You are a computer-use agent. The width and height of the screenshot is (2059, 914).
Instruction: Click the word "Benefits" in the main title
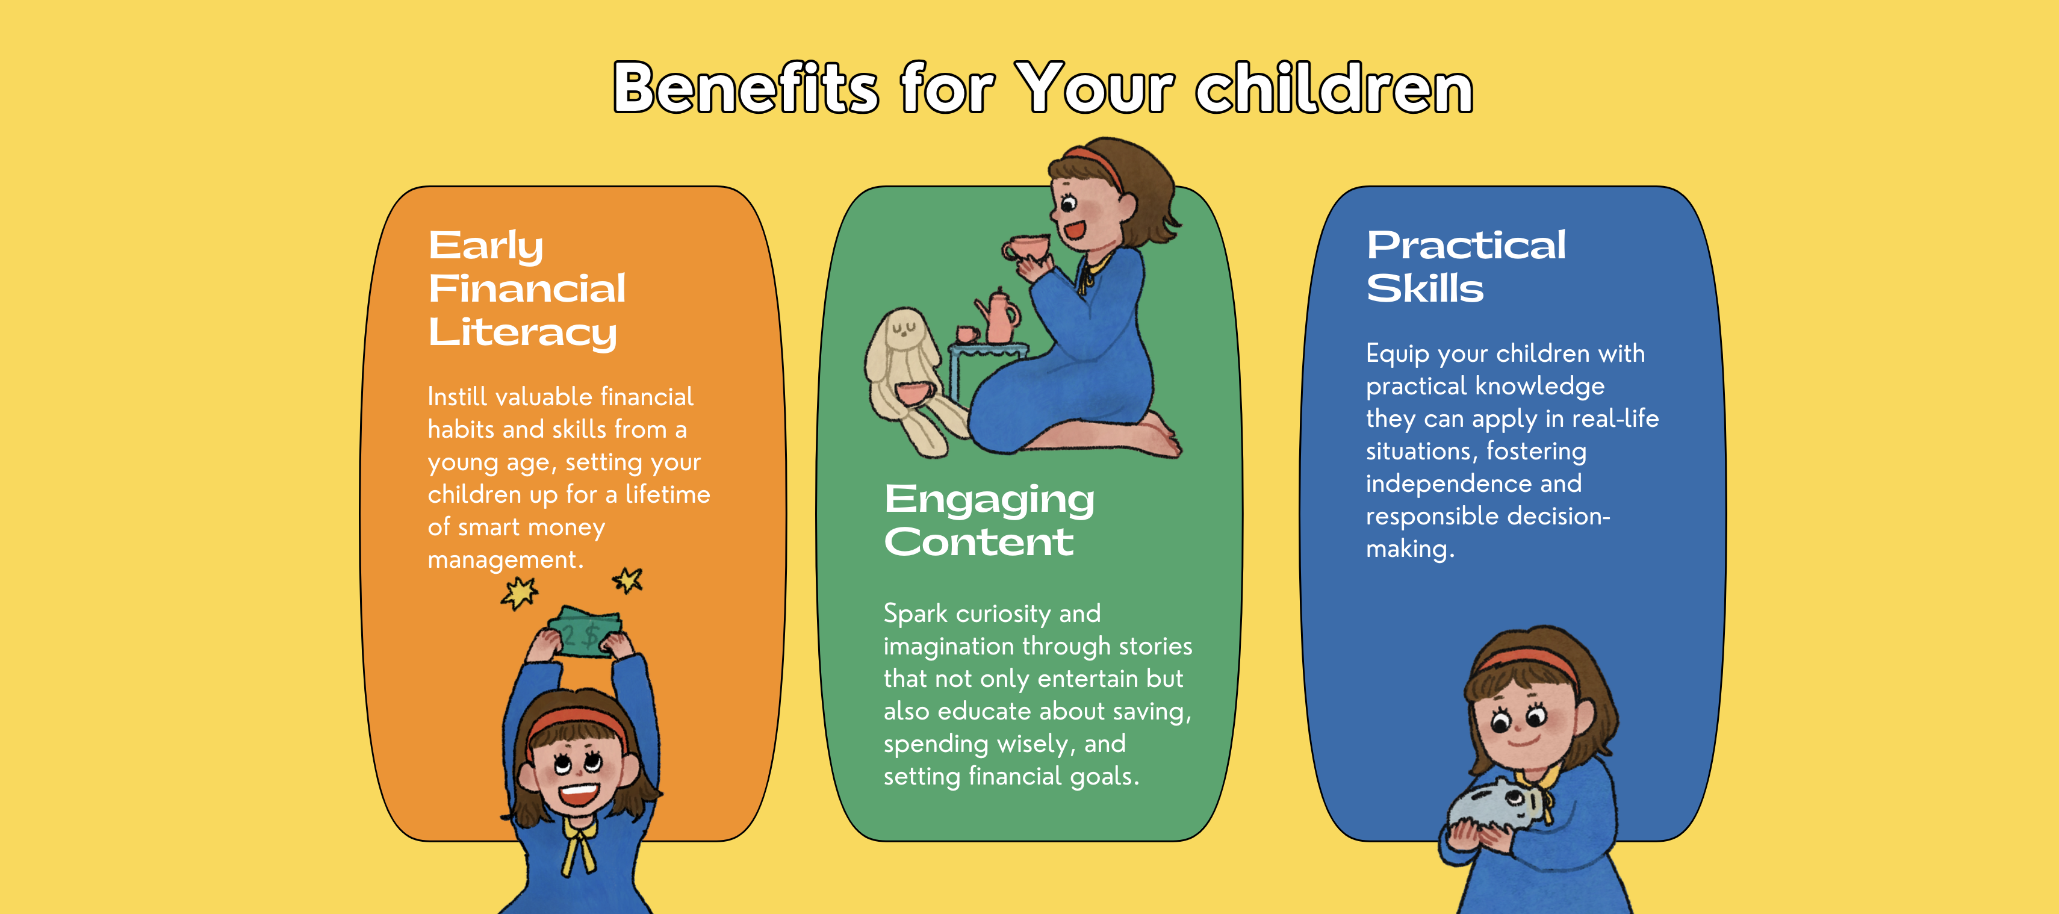point(746,88)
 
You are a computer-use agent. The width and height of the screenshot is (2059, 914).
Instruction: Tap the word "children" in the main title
point(1334,88)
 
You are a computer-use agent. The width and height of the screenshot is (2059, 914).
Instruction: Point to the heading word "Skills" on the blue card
point(1424,288)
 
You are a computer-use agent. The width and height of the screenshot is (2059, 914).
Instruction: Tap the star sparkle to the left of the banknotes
point(520,592)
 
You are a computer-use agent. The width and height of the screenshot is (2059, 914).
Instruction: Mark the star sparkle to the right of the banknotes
point(629,580)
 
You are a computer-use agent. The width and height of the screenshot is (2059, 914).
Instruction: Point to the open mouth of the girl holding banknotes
point(578,795)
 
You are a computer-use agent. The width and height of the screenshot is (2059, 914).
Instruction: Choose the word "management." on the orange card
point(505,560)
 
